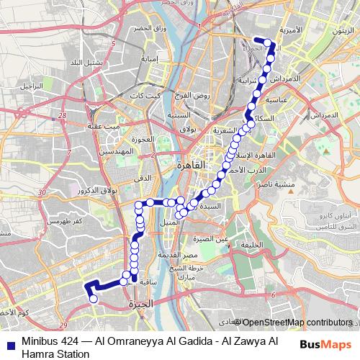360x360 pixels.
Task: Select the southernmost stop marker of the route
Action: (93, 298)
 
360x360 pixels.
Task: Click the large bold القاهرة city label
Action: (191, 165)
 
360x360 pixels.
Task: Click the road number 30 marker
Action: (43, 193)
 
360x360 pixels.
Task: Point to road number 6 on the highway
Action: (274, 295)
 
